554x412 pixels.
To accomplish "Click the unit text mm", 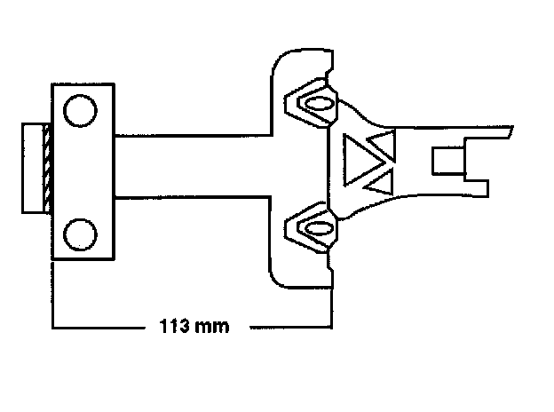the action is pos(213,327).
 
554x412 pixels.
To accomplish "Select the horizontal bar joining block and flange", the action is pos(191,169).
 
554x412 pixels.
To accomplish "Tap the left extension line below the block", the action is pos(54,293).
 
